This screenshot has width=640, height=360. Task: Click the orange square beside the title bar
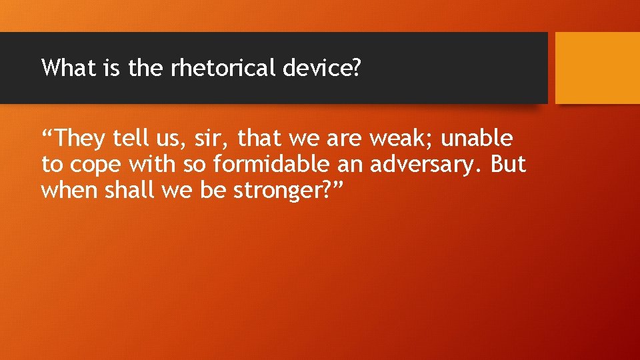(597, 67)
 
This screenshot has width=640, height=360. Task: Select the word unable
(477, 139)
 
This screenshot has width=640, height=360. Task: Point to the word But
(507, 164)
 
